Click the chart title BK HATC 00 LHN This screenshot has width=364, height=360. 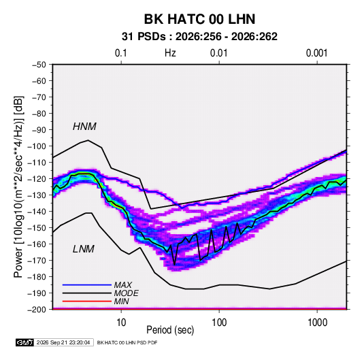[199, 19]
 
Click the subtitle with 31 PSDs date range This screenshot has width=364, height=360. [199, 37]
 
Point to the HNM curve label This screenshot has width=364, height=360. [84, 127]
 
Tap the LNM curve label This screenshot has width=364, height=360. [84, 249]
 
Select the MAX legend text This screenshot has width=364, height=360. [122, 285]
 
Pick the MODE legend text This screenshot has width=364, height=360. [126, 293]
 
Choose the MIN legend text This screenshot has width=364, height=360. [121, 301]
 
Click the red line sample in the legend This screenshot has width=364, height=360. [87, 301]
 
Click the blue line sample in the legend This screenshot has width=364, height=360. [87, 285]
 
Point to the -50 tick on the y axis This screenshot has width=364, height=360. [39, 65]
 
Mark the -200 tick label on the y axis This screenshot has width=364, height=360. [37, 310]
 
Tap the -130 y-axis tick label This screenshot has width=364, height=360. [37, 195]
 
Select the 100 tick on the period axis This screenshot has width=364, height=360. [219, 323]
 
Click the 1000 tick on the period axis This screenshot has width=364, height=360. [317, 323]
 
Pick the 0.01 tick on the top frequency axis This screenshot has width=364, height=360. [218, 53]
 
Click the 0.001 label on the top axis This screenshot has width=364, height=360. [316, 53]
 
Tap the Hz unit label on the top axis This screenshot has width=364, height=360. [170, 53]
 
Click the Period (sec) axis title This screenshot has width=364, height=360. [170, 330]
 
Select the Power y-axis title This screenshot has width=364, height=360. [19, 187]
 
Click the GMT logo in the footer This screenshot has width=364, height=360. [24, 342]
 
